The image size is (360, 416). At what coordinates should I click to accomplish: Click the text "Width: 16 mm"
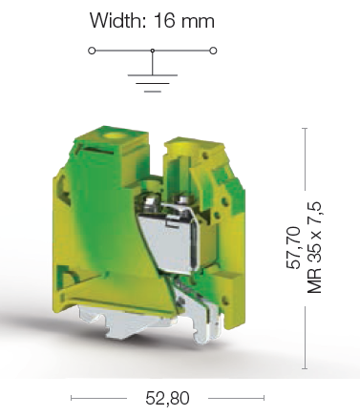152,20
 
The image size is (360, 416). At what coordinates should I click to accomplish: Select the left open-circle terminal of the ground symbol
92,50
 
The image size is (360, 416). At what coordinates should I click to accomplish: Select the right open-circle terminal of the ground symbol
213,50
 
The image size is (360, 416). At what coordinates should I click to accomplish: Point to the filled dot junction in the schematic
152,50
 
